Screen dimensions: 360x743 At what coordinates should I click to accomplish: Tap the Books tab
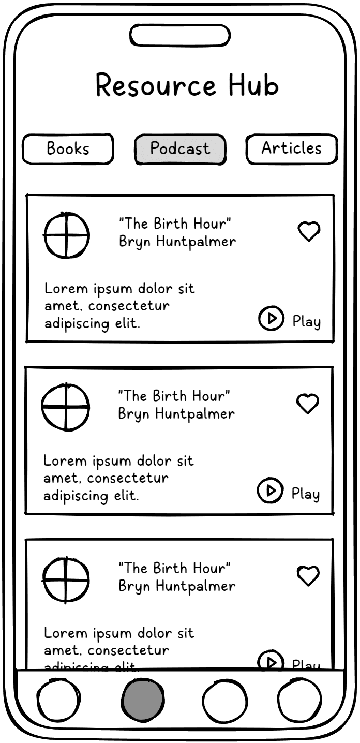[68, 149]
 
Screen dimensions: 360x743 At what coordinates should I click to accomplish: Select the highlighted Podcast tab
[180, 149]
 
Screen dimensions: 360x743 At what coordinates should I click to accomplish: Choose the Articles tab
[291, 148]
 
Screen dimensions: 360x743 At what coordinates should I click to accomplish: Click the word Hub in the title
[253, 86]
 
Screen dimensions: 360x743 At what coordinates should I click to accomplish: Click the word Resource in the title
[156, 86]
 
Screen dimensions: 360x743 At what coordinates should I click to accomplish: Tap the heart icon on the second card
[308, 403]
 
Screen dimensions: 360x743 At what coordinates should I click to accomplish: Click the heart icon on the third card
[308, 575]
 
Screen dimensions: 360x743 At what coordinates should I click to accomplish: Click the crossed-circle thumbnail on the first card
[66, 235]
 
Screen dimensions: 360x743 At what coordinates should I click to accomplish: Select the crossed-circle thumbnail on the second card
[65, 407]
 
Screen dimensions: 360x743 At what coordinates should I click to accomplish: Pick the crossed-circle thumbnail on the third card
[66, 580]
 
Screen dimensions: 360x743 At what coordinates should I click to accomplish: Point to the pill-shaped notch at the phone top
[179, 35]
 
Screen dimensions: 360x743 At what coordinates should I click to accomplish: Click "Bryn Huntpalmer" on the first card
[177, 242]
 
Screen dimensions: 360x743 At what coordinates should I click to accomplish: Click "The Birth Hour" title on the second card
[174, 396]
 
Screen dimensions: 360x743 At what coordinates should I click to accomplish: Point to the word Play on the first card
[307, 321]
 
